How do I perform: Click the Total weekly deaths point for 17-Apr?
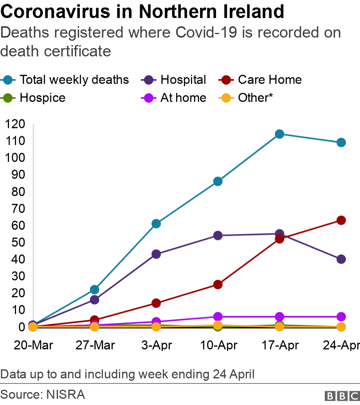[279, 134]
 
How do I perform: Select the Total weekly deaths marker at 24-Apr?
[341, 142]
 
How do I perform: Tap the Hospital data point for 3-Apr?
[156, 254]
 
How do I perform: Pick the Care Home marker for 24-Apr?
[341, 220]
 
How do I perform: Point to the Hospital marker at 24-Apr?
[341, 259]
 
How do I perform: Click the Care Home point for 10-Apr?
[218, 284]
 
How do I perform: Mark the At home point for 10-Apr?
[218, 316]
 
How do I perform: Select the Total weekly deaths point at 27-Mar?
[94, 289]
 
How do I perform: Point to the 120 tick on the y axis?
[18, 124]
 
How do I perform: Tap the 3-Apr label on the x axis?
[156, 345]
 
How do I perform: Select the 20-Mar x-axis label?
[33, 345]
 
